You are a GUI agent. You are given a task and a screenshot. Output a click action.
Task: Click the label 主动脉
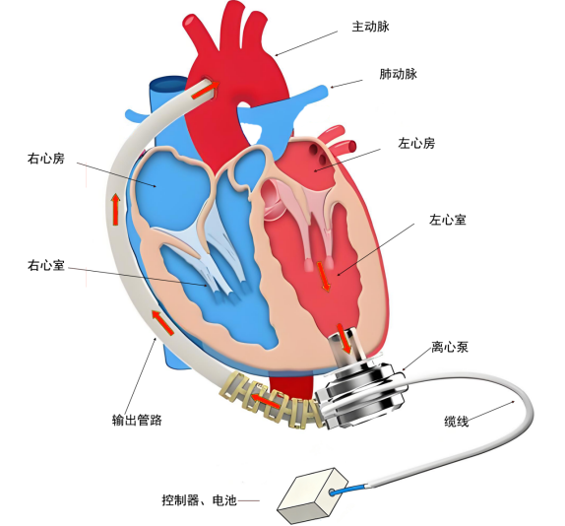370,27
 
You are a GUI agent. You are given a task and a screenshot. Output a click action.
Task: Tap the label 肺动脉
399,74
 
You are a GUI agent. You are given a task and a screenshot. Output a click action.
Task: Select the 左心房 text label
416,143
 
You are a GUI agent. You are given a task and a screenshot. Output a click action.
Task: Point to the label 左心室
448,220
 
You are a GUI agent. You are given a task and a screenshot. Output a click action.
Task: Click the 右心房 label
46,159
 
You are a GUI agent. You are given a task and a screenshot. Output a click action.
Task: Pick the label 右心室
46,265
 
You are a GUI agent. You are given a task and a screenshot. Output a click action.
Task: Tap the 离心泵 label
450,347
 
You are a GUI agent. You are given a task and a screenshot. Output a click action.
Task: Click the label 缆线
456,421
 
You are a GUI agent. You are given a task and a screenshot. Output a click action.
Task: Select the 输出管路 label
137,420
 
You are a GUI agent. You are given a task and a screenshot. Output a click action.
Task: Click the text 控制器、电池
199,500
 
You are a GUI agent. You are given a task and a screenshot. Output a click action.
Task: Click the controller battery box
312,496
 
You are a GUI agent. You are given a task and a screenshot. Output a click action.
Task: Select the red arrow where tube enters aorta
206,91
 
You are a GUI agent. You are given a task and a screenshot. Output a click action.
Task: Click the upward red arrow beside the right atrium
115,209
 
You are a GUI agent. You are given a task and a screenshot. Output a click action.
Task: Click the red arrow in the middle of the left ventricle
323,276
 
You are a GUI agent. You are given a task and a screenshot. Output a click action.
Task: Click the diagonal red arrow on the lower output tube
162,323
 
